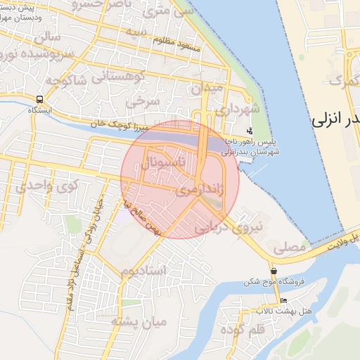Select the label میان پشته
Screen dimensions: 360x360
coord(139,323)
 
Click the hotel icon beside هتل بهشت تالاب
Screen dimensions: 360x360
coord(283,300)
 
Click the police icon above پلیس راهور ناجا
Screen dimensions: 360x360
coord(250,131)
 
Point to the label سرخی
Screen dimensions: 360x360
coord(143,101)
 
